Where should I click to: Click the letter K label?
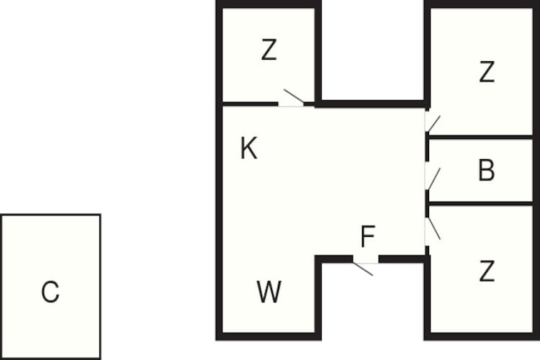(248, 148)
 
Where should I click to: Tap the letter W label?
(269, 292)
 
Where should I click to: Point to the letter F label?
(368, 236)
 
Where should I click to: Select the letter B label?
(487, 170)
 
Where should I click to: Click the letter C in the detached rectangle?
(50, 292)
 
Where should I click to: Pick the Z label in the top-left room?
(269, 50)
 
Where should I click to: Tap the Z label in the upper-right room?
(487, 72)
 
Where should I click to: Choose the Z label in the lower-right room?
(487, 271)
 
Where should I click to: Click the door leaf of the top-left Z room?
(294, 96)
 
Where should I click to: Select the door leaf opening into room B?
(434, 179)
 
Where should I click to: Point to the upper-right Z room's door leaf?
(434, 124)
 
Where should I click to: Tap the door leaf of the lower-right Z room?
(434, 228)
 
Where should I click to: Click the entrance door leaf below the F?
(363, 269)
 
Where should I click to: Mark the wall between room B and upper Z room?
(480, 138)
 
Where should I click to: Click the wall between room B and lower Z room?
(480, 204)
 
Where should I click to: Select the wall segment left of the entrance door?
(334, 259)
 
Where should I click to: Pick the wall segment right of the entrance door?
(402, 259)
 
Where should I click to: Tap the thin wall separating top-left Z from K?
(251, 104)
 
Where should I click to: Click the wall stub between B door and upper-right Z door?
(428, 146)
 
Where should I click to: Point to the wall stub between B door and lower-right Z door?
(428, 204)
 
